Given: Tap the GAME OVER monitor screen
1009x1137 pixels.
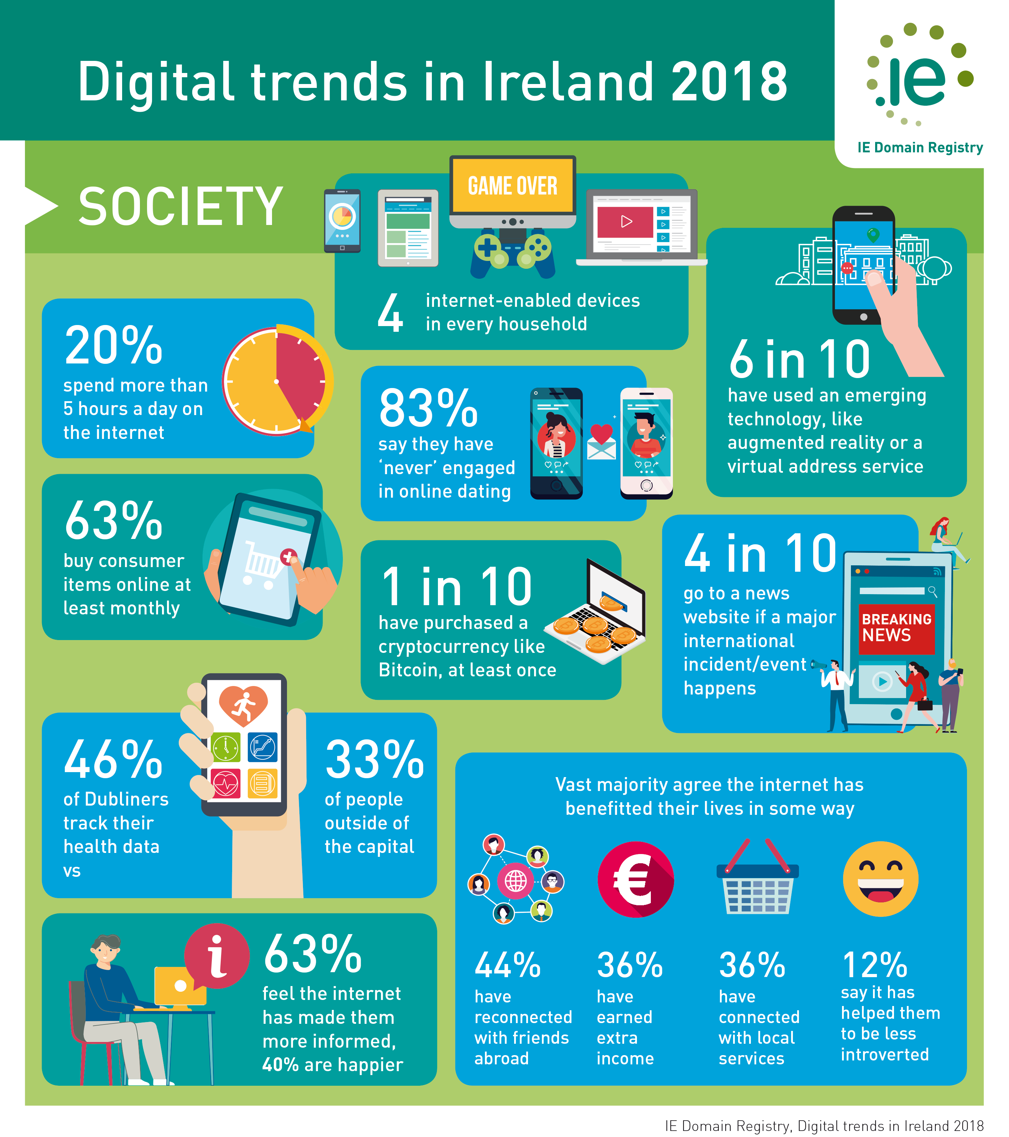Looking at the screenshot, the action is click(x=512, y=185).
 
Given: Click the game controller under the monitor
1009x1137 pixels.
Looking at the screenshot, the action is click(x=512, y=253).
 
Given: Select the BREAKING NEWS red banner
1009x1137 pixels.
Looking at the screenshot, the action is click(x=896, y=629).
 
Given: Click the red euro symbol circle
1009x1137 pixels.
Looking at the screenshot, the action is click(x=635, y=880).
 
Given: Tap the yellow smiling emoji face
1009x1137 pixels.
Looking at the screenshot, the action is click(x=880, y=879).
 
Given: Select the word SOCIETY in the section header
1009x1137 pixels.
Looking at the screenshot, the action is click(x=181, y=206).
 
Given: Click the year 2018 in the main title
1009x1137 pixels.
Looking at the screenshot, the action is click(x=729, y=82).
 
